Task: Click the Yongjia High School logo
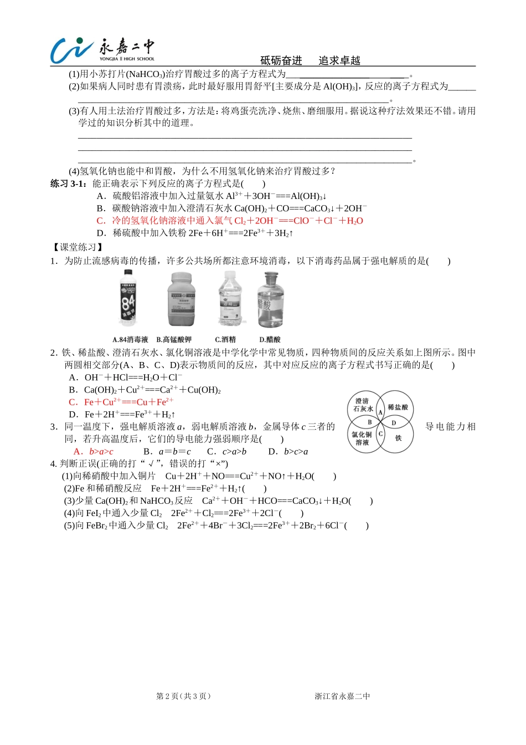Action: click(x=102, y=50)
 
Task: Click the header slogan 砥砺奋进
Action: click(x=281, y=60)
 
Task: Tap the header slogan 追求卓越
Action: click(x=339, y=60)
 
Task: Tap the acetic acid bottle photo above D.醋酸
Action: click(x=270, y=300)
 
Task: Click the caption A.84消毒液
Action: click(x=130, y=339)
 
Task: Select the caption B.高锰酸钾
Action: click(x=174, y=339)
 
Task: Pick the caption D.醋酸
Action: click(x=270, y=339)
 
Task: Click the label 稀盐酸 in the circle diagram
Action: click(x=398, y=407)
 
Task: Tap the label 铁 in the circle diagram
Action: click(x=398, y=438)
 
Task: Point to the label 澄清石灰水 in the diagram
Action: click(x=363, y=405)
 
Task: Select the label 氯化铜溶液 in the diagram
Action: click(x=362, y=438)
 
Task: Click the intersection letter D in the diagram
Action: click(x=394, y=423)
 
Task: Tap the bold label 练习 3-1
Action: click(x=69, y=183)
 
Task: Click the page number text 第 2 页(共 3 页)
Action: click(x=183, y=696)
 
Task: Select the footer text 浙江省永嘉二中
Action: click(x=342, y=696)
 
